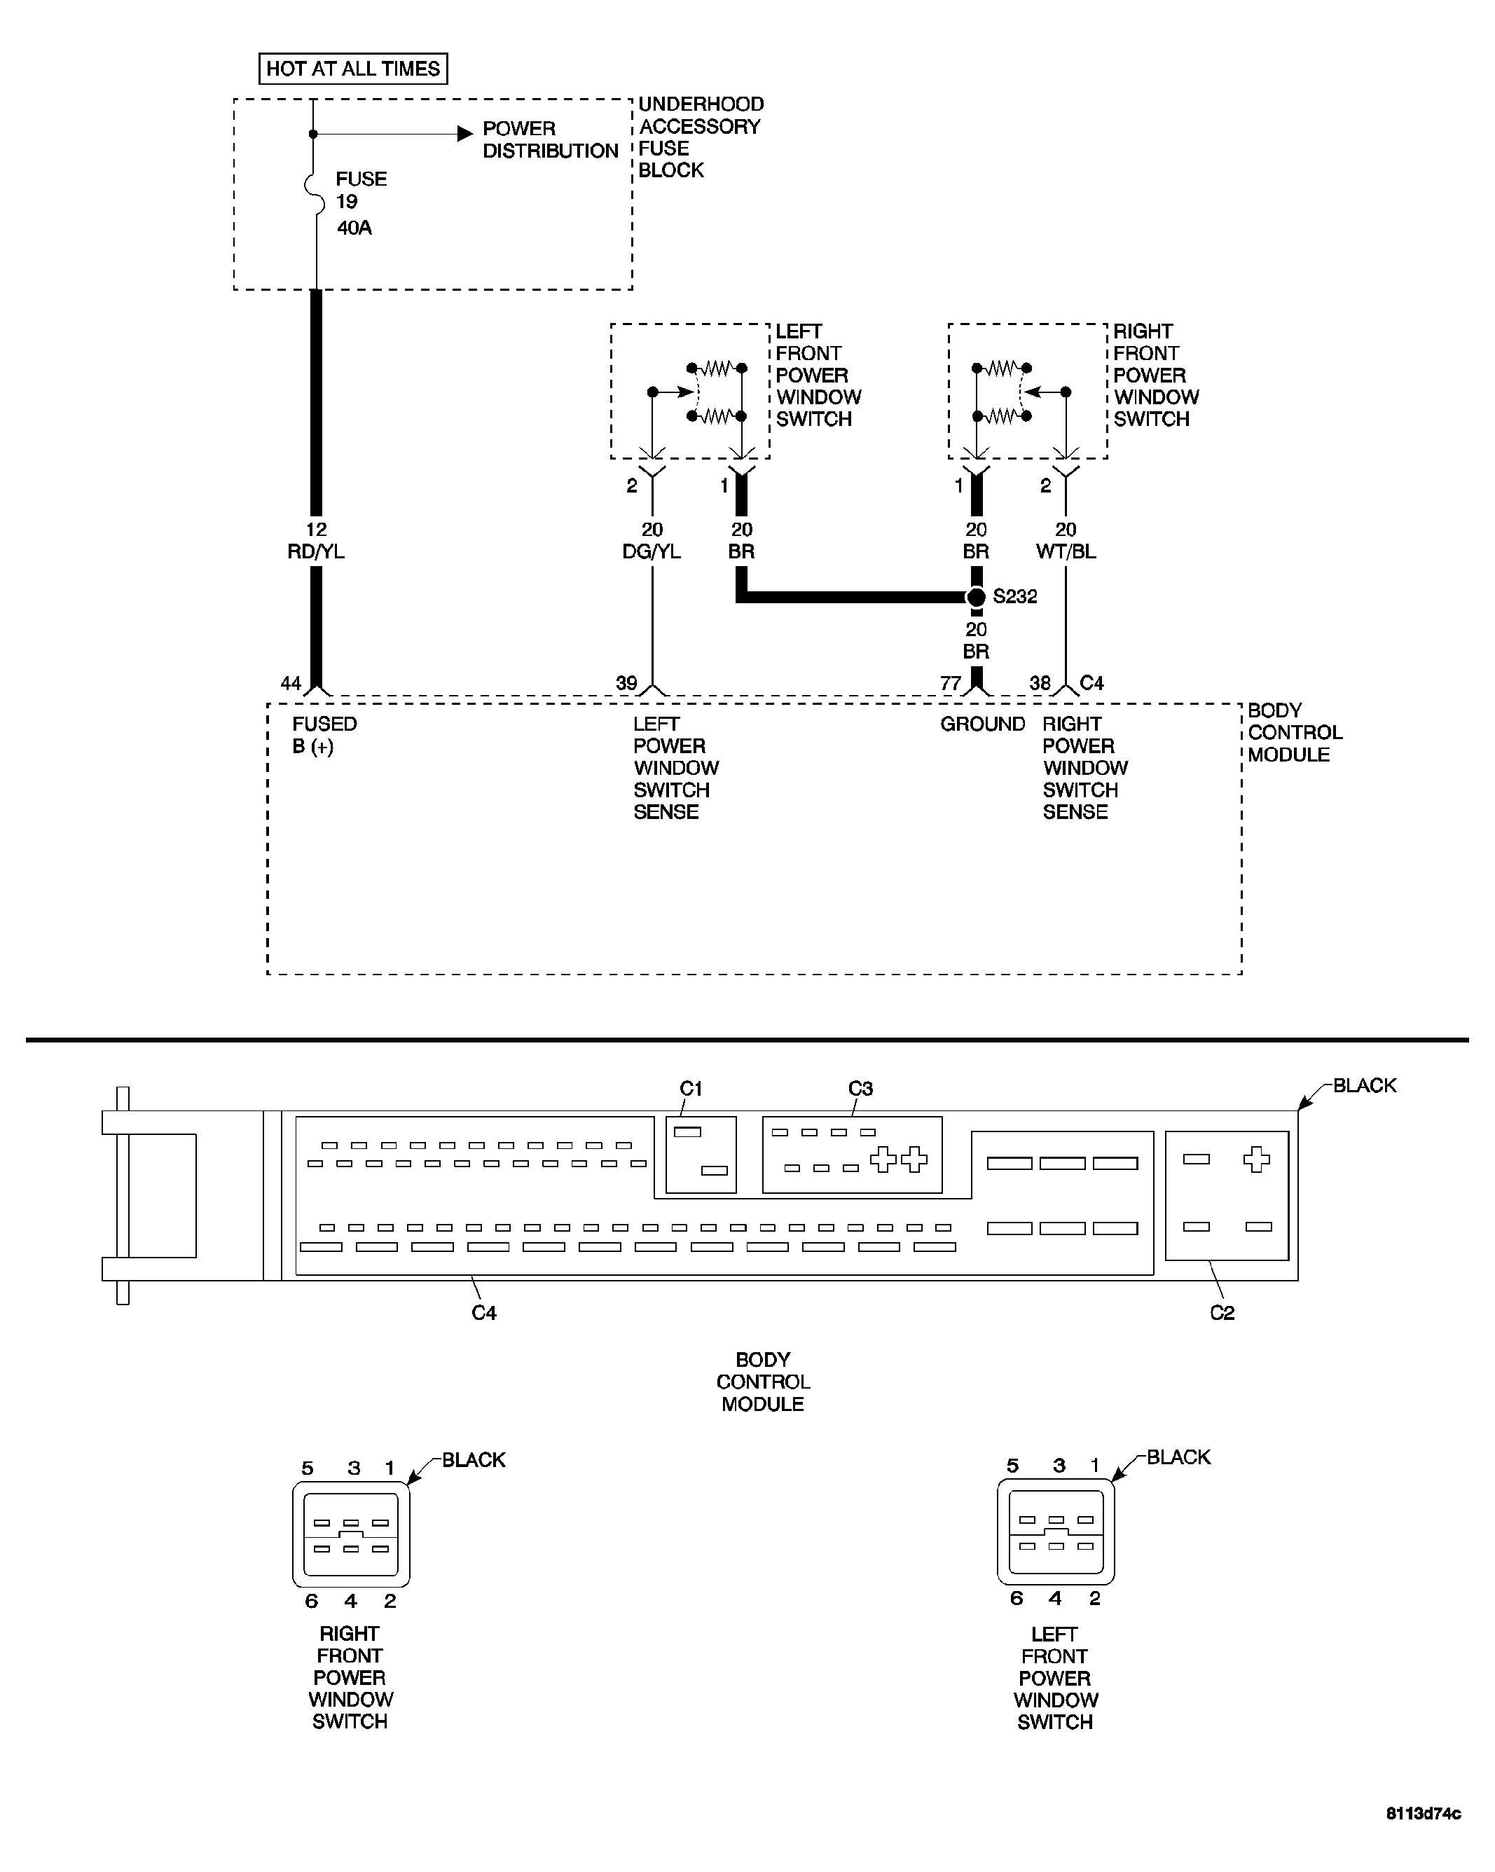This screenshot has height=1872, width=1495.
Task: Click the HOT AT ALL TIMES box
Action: pos(352,69)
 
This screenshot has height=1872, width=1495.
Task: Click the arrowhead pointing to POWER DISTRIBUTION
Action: pos(465,134)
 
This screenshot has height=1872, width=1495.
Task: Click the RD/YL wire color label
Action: pos(316,551)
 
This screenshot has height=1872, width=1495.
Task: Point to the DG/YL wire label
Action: pos(651,551)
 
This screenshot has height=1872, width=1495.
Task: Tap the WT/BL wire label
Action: pos(1066,551)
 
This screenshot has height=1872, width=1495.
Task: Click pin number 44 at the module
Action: pos(291,683)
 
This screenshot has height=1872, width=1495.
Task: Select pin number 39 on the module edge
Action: pos(626,683)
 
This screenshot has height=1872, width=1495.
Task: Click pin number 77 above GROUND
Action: pos(951,683)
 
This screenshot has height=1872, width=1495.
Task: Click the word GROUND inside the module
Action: pos(982,724)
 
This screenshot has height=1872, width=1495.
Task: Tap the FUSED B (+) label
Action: pos(323,734)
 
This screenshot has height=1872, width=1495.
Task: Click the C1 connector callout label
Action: pos(691,1088)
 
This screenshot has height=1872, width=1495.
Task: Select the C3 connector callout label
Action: pos(860,1088)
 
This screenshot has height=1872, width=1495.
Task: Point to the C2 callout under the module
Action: pos(1222,1313)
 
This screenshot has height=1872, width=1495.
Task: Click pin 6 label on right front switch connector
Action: pos(312,1601)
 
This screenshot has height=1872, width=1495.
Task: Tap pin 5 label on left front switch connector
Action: pos(1012,1466)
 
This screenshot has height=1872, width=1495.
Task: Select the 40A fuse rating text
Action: pos(354,228)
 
